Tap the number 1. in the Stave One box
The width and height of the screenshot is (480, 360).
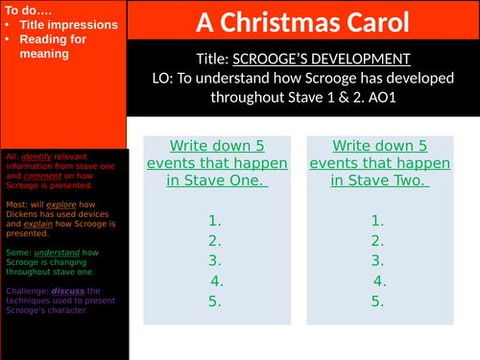215,220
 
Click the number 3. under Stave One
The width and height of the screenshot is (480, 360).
215,260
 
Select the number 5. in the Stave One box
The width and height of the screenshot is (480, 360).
215,300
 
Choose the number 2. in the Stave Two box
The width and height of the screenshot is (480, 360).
379,240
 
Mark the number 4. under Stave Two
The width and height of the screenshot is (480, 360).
379,280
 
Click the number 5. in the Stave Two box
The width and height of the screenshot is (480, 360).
379,300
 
